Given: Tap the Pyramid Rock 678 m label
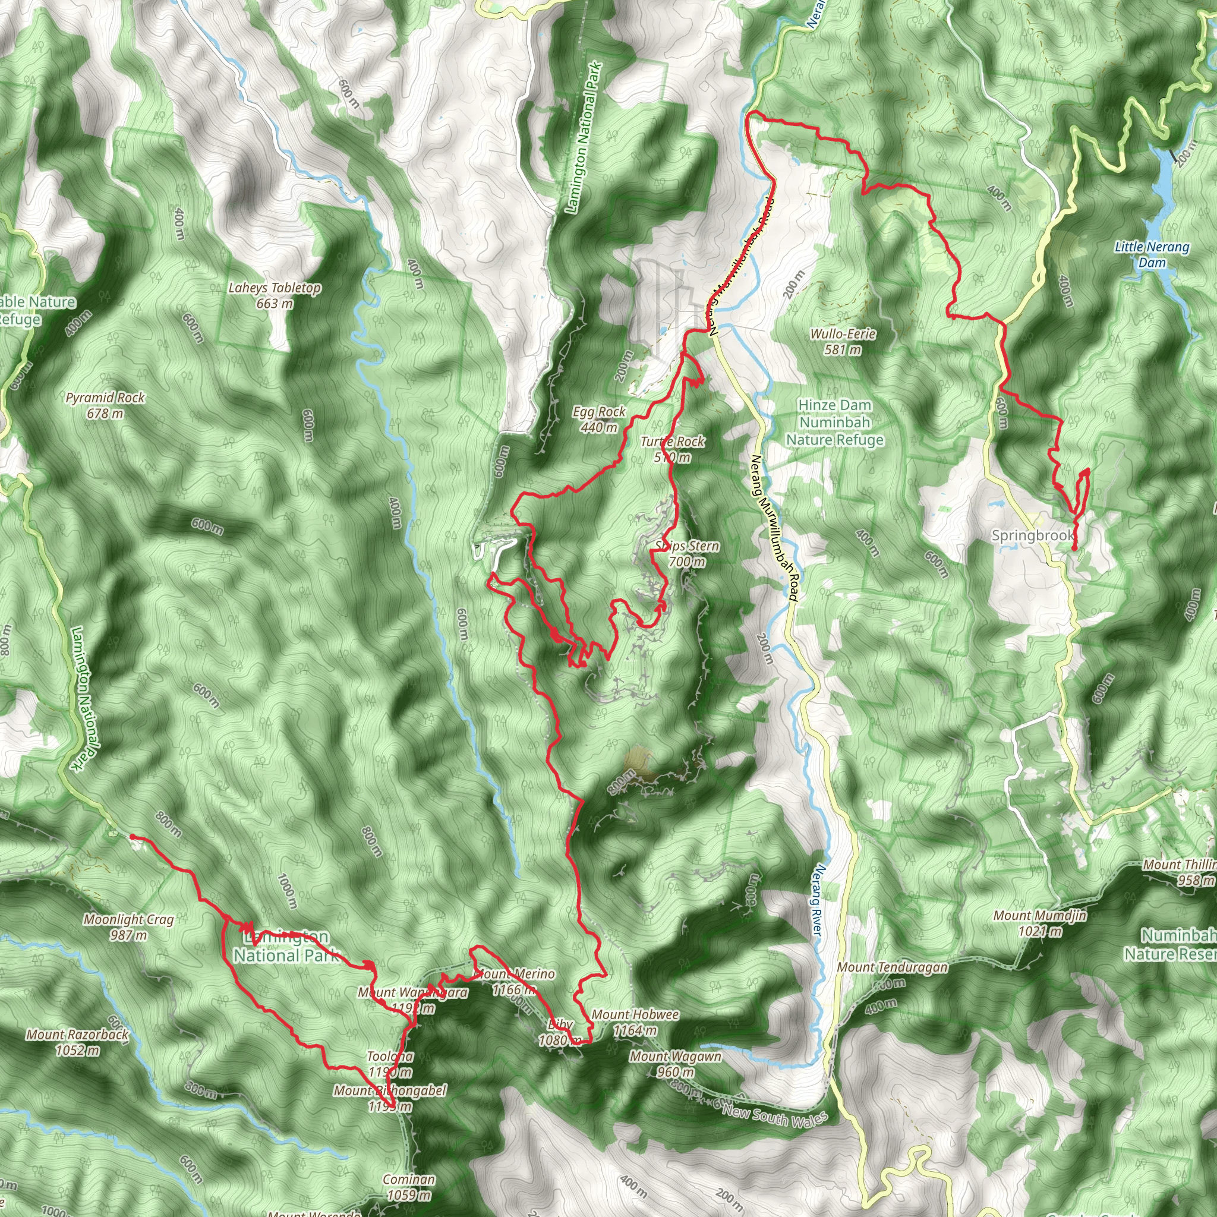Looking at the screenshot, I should (x=105, y=406).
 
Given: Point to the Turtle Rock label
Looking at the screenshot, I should (x=672, y=442).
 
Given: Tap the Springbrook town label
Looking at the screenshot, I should (x=1032, y=535).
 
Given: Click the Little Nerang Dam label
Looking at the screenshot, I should (x=1152, y=254).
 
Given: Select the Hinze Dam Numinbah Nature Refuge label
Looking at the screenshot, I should (x=835, y=423).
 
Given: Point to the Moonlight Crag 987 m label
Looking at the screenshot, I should (x=128, y=927).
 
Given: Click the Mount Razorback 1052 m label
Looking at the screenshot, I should (x=77, y=1042).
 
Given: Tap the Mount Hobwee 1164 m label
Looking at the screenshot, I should (x=635, y=1022).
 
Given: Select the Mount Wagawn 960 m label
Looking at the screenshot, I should (x=675, y=1063).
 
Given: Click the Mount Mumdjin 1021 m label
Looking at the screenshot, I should (x=1039, y=923).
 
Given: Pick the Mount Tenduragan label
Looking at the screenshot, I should (x=892, y=967).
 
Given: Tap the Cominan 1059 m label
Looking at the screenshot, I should (x=409, y=1187).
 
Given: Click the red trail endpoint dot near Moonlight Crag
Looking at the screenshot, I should (x=133, y=837).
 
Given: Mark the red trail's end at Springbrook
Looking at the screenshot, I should (x=1074, y=548).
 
